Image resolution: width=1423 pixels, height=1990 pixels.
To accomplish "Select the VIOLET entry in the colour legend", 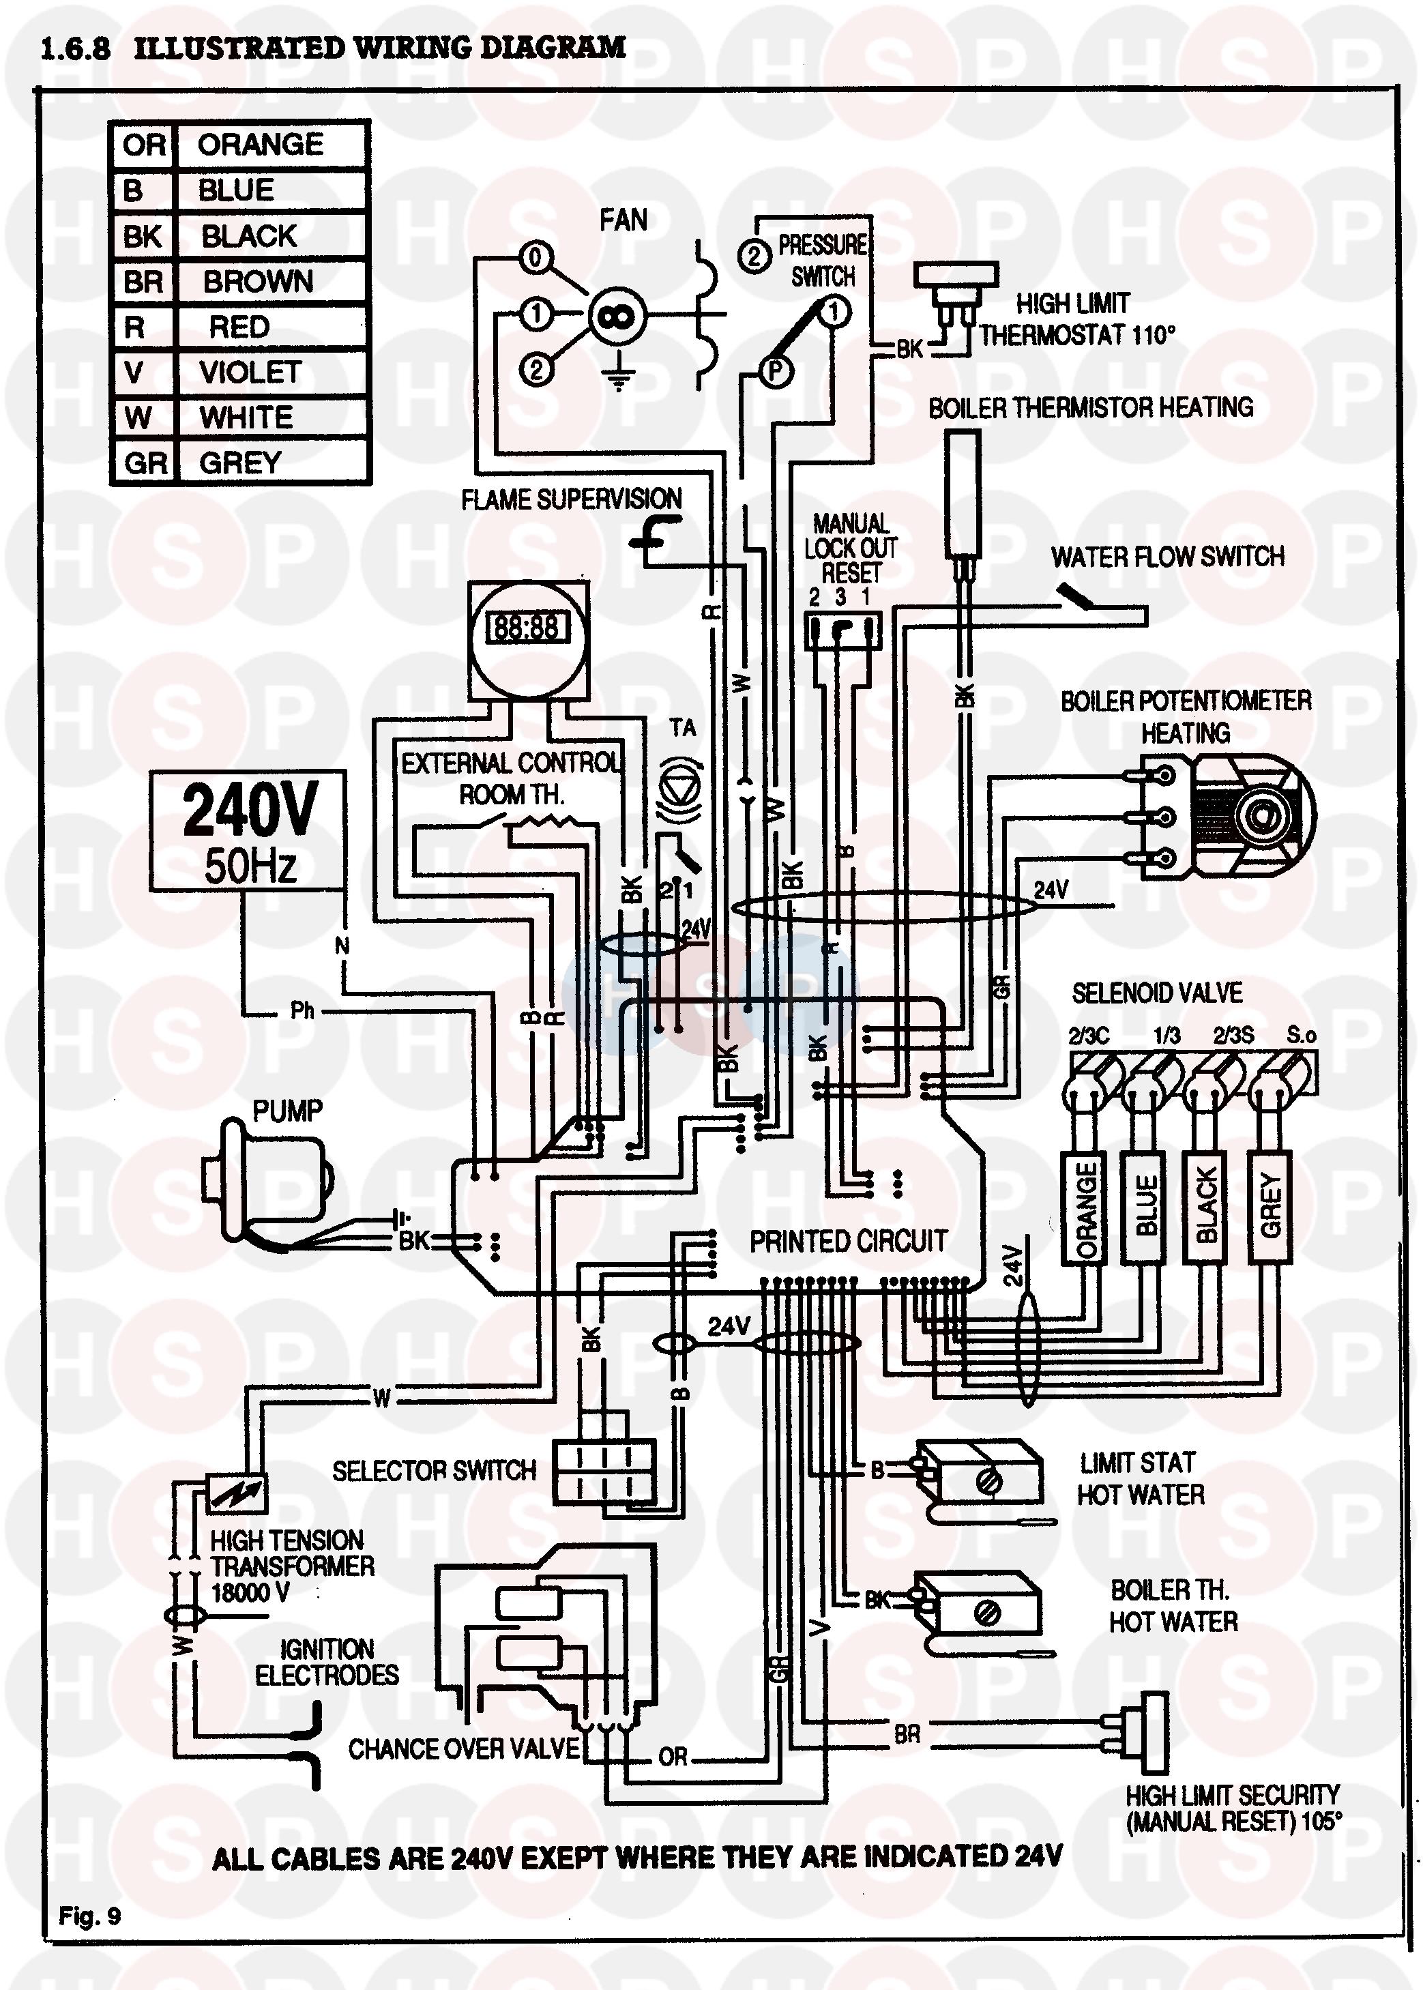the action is click(250, 372).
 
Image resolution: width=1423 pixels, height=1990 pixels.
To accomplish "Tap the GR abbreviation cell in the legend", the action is click(145, 463).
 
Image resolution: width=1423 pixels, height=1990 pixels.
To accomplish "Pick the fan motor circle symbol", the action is click(616, 317).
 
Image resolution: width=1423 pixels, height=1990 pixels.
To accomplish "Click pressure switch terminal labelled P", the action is click(774, 372).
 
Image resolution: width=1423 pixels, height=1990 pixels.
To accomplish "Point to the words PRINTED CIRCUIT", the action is click(848, 1242).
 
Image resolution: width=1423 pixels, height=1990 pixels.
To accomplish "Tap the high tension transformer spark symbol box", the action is click(237, 1492).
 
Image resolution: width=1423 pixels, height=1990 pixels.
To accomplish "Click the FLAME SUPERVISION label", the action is click(571, 499).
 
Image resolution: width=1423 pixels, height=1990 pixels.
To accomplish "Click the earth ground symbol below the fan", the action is click(619, 376).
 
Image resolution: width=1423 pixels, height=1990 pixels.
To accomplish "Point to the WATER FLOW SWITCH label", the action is click(1168, 557).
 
